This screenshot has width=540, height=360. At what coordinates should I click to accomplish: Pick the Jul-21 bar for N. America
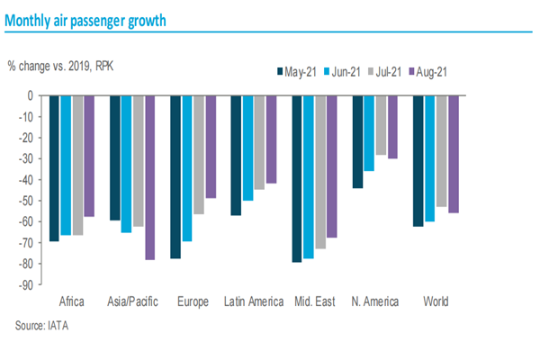click(x=381, y=125)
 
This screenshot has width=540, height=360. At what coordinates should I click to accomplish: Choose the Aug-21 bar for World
click(x=453, y=154)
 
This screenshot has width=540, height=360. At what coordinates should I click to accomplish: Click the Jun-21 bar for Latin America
click(x=247, y=148)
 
